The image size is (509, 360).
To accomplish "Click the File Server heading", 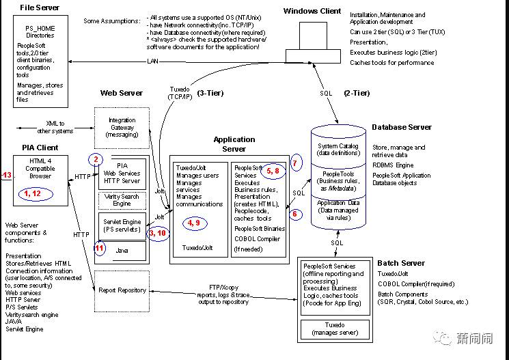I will [x=40, y=8].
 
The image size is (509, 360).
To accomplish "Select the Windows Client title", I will [x=312, y=11].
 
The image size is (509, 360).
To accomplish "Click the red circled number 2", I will [x=97, y=160].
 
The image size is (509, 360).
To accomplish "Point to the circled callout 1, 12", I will [x=33, y=193].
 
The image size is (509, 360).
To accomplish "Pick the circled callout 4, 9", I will [x=193, y=223].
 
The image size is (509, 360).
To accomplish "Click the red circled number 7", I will [x=295, y=163].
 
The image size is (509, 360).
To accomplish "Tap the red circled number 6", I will [x=295, y=214].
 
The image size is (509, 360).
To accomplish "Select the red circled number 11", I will [x=100, y=249].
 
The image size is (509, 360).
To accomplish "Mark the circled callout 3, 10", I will [x=156, y=233].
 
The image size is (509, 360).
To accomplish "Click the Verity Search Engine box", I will [x=122, y=199].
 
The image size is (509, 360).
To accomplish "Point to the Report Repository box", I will [x=123, y=290].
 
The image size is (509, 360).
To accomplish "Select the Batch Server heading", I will [x=400, y=263].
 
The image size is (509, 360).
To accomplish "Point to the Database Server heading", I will [x=402, y=127].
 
